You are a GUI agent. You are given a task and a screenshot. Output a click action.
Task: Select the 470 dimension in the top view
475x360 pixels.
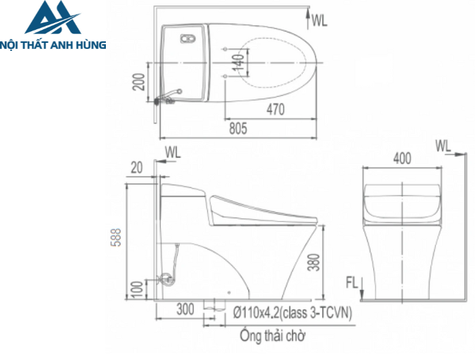click(275, 109)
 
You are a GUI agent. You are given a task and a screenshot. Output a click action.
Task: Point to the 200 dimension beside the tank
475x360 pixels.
click(138, 82)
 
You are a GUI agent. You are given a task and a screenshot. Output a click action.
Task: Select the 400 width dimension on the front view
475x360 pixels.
click(402, 158)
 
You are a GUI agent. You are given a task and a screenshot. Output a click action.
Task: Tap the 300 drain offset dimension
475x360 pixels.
click(185, 310)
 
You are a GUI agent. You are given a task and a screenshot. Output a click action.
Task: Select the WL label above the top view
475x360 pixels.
click(320, 20)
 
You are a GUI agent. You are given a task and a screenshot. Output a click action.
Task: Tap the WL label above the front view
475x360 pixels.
click(443, 145)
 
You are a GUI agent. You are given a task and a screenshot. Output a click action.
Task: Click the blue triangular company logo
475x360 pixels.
click(52, 18)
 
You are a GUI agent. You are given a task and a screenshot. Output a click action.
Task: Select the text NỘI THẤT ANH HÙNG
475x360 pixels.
click(54, 45)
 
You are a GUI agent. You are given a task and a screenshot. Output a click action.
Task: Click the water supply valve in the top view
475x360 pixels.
click(166, 100)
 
